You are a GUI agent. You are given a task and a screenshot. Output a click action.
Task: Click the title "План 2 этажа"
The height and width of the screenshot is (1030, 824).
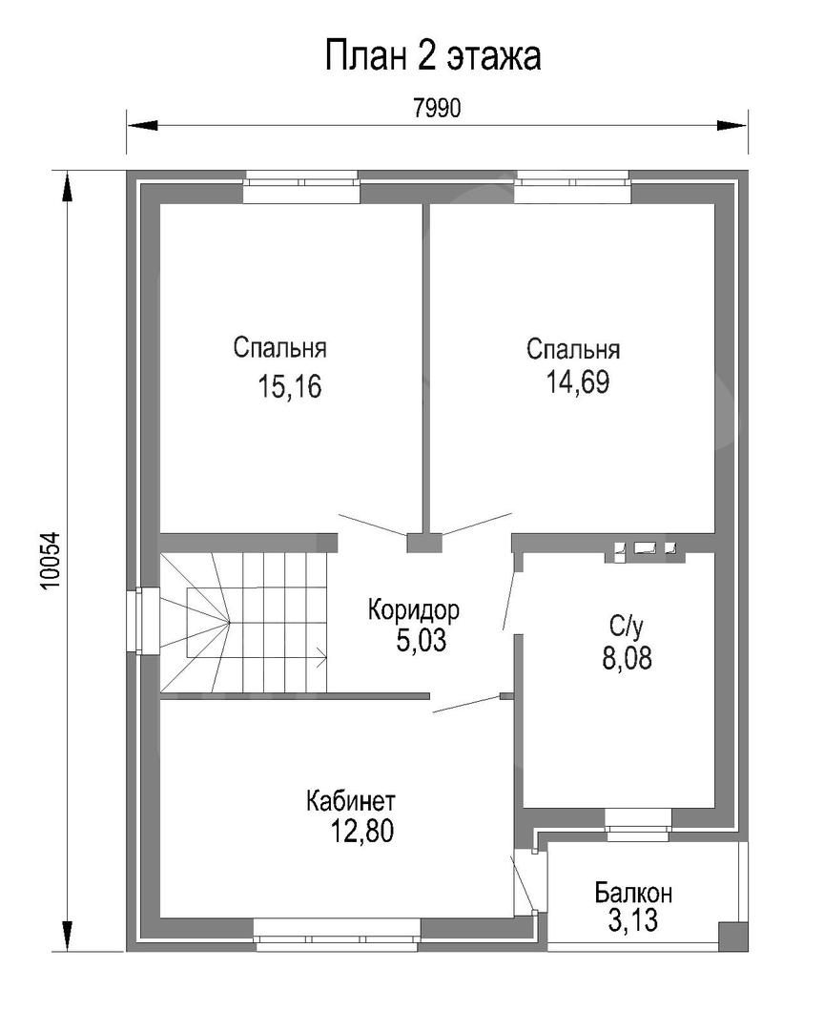point(432,56)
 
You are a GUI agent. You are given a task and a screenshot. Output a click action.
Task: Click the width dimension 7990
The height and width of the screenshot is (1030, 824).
point(437,109)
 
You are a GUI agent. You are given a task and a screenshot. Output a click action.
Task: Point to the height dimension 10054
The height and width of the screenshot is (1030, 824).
point(51,561)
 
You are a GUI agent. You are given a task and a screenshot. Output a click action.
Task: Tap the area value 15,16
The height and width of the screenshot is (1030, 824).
point(289,387)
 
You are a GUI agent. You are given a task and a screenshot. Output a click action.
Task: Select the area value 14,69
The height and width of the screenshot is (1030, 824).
point(578,382)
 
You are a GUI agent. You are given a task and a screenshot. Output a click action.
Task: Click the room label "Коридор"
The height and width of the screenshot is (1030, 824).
point(413,610)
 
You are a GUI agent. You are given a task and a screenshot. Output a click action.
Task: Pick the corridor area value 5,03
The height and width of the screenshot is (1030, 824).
point(422,641)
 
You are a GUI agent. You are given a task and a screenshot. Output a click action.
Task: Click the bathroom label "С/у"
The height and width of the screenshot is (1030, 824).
point(626,627)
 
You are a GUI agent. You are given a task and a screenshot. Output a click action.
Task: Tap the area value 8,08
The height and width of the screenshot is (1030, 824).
point(627,658)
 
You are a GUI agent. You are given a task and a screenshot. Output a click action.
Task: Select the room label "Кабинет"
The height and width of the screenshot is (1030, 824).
point(351,801)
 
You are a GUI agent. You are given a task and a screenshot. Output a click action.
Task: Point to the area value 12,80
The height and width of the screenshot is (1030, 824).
point(362,832)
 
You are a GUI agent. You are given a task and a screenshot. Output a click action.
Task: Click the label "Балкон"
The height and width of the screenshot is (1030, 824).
point(633,893)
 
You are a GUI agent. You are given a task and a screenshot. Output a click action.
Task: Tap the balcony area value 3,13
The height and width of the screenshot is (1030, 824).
point(633,921)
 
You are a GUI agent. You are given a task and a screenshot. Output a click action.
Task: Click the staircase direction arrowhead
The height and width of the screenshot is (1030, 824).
point(322,656)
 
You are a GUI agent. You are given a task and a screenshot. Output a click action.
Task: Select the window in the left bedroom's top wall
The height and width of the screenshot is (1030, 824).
point(301,187)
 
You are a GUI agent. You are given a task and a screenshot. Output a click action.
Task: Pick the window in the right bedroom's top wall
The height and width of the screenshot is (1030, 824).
point(572,187)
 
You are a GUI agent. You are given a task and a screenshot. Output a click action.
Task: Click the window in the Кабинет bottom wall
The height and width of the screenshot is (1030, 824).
point(337,934)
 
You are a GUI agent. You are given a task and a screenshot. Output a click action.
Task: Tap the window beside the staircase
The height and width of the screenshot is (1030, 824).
point(143,621)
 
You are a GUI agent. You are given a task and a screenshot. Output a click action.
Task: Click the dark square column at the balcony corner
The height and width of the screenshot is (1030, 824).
point(733,936)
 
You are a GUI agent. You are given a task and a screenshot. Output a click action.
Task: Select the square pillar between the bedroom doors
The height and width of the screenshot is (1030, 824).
point(424,543)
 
